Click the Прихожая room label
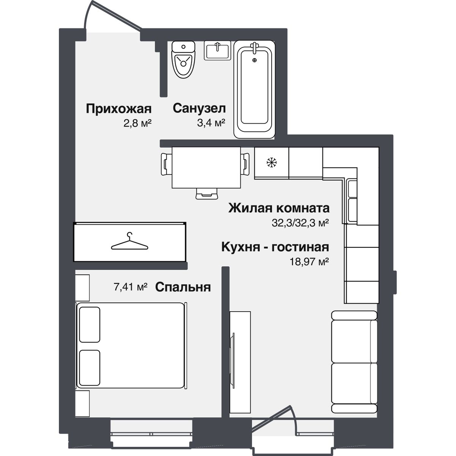point(119,109)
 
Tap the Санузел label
point(199,109)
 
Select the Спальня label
point(183,287)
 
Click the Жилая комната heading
point(279,208)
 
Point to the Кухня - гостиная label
point(275,247)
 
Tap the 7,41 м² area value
point(130,287)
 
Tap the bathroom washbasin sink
point(217,50)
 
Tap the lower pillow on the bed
point(90,367)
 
